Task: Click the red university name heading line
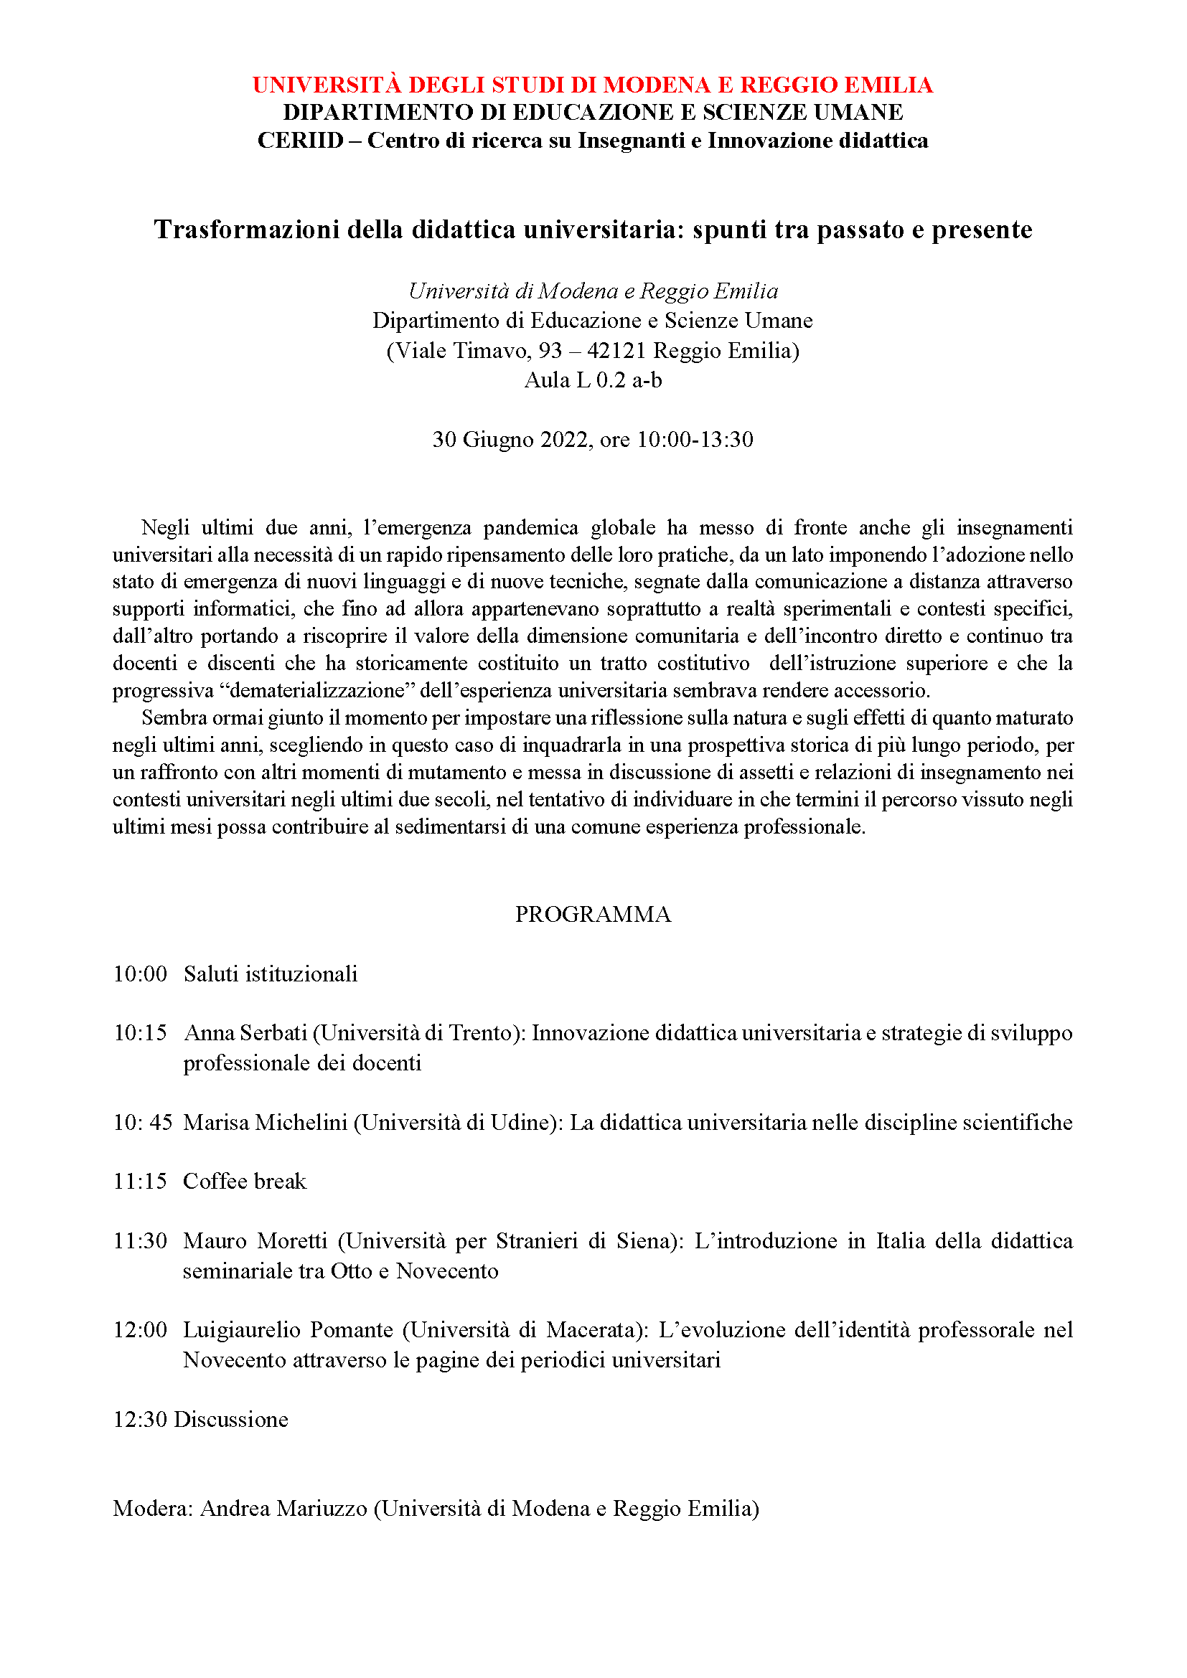point(593,85)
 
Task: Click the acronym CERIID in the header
point(301,141)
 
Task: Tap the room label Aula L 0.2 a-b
point(593,380)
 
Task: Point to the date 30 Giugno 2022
point(510,439)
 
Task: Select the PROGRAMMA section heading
point(593,914)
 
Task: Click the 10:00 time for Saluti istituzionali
point(140,974)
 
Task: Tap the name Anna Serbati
point(245,1032)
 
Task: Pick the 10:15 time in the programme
point(140,1032)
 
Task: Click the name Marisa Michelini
point(265,1122)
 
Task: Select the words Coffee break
point(244,1181)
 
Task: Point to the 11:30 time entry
point(140,1240)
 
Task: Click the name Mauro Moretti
point(255,1240)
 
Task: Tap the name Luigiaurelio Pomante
point(288,1329)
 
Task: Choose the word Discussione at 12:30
point(231,1418)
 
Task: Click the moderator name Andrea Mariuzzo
point(283,1508)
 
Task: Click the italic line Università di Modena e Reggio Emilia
point(593,291)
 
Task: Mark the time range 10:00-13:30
point(695,439)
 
